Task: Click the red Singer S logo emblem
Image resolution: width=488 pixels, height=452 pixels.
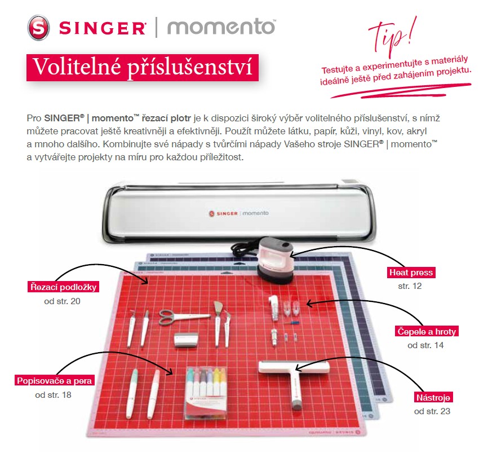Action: pos(38,28)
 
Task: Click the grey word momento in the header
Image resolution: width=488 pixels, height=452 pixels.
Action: pos(221,27)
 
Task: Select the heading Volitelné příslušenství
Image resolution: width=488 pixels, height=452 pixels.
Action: pos(143,67)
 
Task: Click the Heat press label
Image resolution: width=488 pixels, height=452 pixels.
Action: pos(411,273)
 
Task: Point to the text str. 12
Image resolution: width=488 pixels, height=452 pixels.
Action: pos(410,286)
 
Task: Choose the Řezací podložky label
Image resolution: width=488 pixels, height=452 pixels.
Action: pos(63,287)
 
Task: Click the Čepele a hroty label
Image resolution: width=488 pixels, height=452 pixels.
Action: pos(427,331)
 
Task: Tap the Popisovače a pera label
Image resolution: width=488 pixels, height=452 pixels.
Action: pos(55,380)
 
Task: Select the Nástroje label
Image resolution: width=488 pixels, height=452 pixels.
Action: pos(433,397)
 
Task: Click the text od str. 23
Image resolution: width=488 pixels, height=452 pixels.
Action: pos(432,411)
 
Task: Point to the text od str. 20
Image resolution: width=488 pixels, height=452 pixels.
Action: pos(62,301)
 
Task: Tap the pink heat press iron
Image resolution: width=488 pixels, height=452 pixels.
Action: pos(275,260)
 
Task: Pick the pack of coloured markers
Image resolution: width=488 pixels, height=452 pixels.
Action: pos(206,393)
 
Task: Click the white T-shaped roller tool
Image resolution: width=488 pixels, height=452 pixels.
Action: pos(294,381)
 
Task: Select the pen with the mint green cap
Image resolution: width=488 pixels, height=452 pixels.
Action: pos(132,393)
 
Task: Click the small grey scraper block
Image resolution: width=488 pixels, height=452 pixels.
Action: pos(186,340)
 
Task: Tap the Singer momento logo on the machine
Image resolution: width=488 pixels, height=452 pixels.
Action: pos(239,213)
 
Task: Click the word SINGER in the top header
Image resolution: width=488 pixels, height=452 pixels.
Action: pos(102,28)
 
